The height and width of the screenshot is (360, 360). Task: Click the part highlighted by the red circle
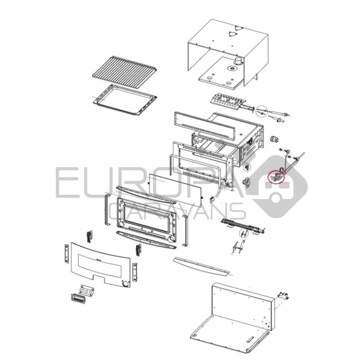tap(276, 177)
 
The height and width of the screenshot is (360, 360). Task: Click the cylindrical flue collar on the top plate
tap(238, 62)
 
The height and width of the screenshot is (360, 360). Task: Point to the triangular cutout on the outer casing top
tap(234, 33)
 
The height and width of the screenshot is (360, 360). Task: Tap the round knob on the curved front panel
tap(125, 284)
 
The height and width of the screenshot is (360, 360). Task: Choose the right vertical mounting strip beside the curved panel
tap(135, 273)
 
